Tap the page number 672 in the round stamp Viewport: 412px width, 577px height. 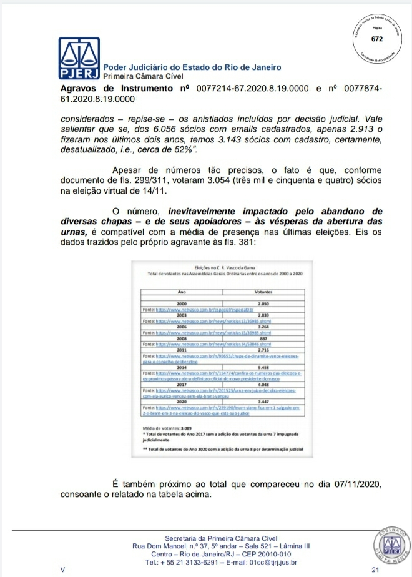coord(376,39)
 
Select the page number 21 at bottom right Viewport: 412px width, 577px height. coord(375,570)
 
